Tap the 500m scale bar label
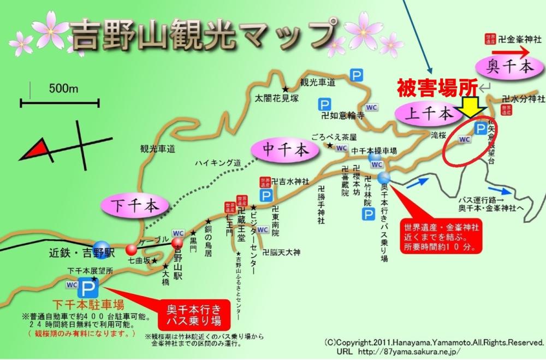pyautogui.click(x=64, y=89)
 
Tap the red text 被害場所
pyautogui.click(x=437, y=87)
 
